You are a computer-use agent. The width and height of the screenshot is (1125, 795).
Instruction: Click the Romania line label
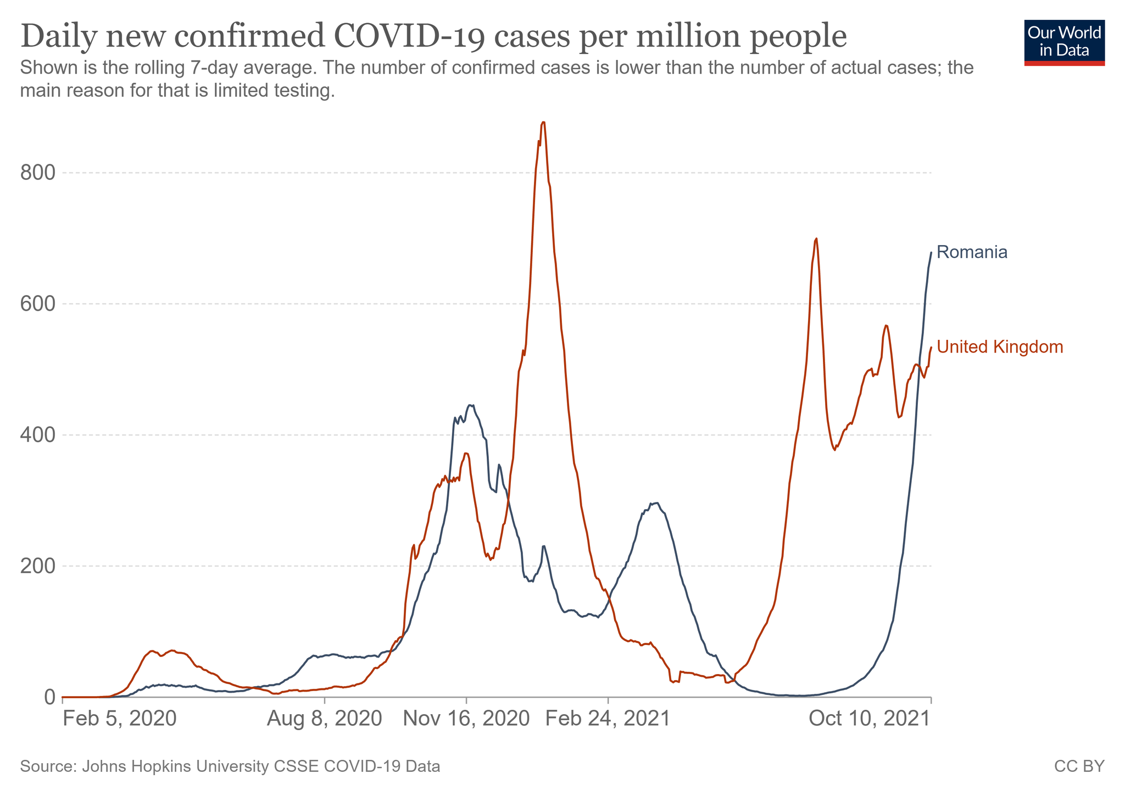pyautogui.click(x=972, y=252)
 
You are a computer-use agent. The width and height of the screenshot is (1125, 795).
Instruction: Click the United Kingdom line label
pyautogui.click(x=1000, y=347)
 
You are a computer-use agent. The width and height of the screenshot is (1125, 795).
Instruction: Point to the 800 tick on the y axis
pyautogui.click(x=38, y=173)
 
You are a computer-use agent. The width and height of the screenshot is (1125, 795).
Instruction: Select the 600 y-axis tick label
pyautogui.click(x=38, y=304)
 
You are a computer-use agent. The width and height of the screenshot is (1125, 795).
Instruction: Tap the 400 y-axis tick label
pyautogui.click(x=38, y=435)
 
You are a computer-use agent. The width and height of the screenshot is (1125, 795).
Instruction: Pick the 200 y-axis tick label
pyautogui.click(x=38, y=566)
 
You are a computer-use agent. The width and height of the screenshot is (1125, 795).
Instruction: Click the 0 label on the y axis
pyautogui.click(x=49, y=697)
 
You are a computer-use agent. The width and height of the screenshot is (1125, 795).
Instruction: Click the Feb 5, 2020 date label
pyautogui.click(x=119, y=719)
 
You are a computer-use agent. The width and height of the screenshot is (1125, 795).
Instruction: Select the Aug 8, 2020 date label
pyautogui.click(x=324, y=719)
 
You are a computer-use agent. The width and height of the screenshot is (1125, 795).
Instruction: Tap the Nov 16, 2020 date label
pyautogui.click(x=466, y=719)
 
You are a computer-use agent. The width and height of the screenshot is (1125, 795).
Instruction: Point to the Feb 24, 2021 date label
pyautogui.click(x=608, y=719)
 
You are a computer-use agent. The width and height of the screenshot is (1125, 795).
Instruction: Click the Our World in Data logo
pyautogui.click(x=1064, y=43)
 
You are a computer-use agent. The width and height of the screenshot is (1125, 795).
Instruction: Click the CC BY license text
pyautogui.click(x=1079, y=766)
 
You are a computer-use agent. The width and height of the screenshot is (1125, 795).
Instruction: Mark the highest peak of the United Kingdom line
pyautogui.click(x=543, y=122)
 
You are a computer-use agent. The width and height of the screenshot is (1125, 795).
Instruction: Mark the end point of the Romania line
pyautogui.click(x=931, y=252)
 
